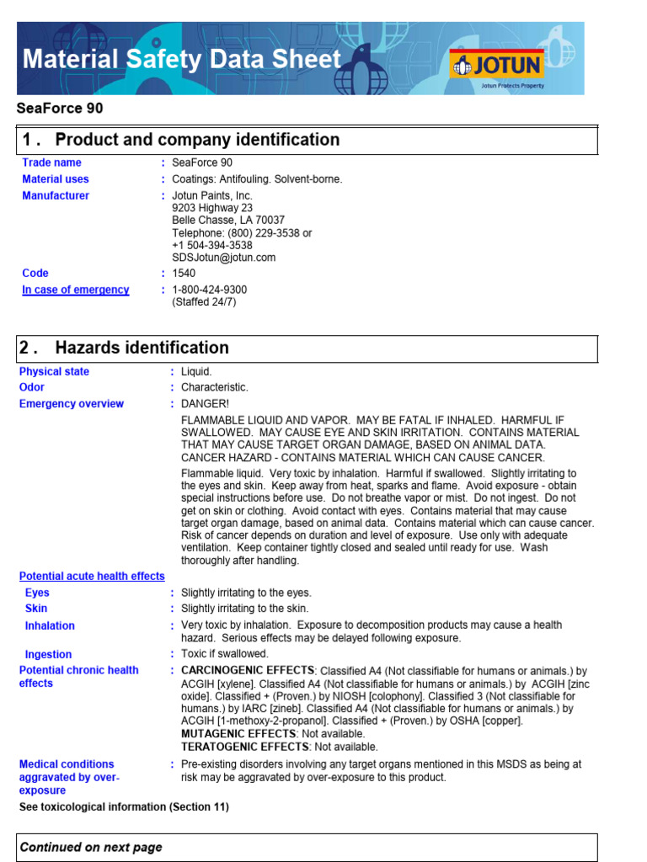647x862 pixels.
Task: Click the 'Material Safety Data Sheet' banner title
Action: pos(181,60)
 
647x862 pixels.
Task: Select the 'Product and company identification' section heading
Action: pos(197,140)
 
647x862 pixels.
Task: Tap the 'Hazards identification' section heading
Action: pos(142,348)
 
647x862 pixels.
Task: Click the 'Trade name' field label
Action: pos(51,162)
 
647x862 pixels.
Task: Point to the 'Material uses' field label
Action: pos(55,179)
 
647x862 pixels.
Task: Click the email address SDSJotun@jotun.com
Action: pos(223,258)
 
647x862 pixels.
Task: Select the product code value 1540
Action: pos(184,274)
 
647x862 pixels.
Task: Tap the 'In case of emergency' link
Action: pos(75,290)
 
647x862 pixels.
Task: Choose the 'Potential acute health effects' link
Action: pos(92,577)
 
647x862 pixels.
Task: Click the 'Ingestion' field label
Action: pos(48,654)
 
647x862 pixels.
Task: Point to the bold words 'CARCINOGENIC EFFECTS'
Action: pos(236,670)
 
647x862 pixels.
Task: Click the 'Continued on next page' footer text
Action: pos(91,848)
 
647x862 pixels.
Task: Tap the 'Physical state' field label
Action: pos(54,372)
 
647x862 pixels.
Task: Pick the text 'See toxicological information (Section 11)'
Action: pos(124,807)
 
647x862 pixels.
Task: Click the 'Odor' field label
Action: pos(32,388)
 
